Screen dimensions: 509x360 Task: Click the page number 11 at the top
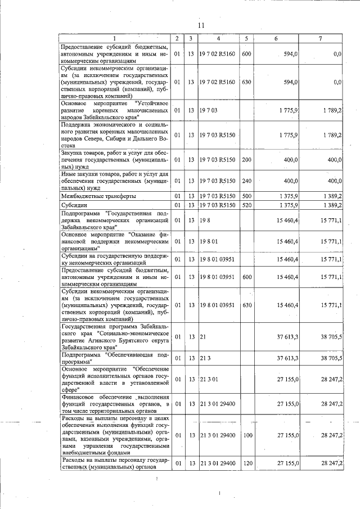(x=201, y=25)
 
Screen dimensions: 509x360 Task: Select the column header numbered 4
(x=218, y=38)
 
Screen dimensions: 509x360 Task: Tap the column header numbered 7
(x=320, y=38)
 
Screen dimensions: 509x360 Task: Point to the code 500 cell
(x=246, y=196)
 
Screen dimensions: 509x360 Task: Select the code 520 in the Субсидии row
(x=246, y=205)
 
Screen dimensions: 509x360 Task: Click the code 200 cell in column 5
(x=246, y=160)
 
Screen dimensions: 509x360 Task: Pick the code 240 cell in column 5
(x=246, y=181)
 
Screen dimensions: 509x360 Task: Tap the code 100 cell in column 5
(x=246, y=435)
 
